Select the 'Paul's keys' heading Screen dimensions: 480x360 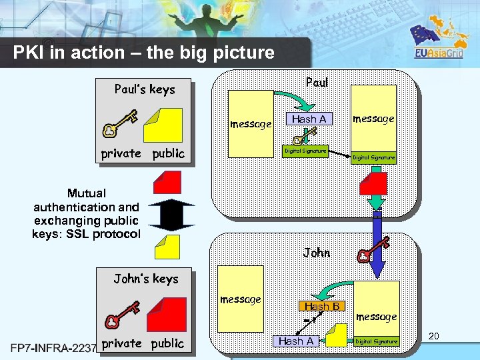(x=145, y=89)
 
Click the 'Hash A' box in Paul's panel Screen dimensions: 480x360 (x=309, y=119)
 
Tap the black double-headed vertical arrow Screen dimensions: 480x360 (x=172, y=214)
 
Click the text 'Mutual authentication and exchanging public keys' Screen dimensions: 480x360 (x=87, y=213)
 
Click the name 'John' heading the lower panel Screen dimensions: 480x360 (x=317, y=252)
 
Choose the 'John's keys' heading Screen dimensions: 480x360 (x=146, y=279)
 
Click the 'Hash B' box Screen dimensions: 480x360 (x=323, y=306)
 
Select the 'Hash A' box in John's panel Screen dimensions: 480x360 (x=296, y=341)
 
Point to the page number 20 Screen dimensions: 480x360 (x=433, y=337)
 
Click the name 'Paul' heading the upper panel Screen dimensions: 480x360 (x=317, y=82)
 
